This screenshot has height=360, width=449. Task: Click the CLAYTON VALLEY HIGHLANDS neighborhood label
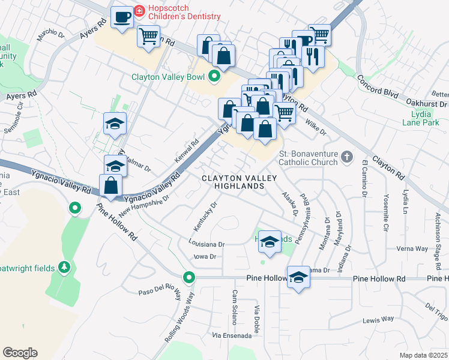tap(239, 182)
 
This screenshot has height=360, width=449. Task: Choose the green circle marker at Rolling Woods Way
tap(190, 278)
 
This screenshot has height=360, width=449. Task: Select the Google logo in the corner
tap(20, 353)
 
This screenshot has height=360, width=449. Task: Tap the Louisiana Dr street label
tap(205, 245)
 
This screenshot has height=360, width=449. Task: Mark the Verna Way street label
tap(412, 248)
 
